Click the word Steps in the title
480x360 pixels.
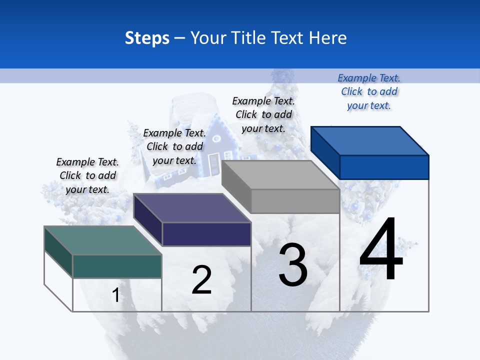(x=147, y=38)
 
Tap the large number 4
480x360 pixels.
(x=381, y=249)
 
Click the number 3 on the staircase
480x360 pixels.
(x=292, y=265)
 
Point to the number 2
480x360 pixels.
(x=202, y=280)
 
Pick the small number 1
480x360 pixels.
(x=115, y=295)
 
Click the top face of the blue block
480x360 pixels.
(x=370, y=140)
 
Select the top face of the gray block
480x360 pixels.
(x=280, y=175)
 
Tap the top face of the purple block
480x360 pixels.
(x=192, y=208)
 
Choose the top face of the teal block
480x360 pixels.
(x=103, y=240)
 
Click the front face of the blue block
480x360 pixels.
(x=384, y=167)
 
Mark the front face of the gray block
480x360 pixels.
(x=295, y=201)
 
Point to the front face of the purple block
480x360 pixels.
(x=206, y=234)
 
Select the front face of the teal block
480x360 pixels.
(x=117, y=266)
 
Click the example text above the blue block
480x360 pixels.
(x=369, y=91)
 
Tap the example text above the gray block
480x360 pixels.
(x=263, y=114)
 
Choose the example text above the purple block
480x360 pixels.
(x=174, y=146)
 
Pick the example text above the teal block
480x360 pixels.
(x=87, y=175)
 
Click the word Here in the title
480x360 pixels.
(x=327, y=38)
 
